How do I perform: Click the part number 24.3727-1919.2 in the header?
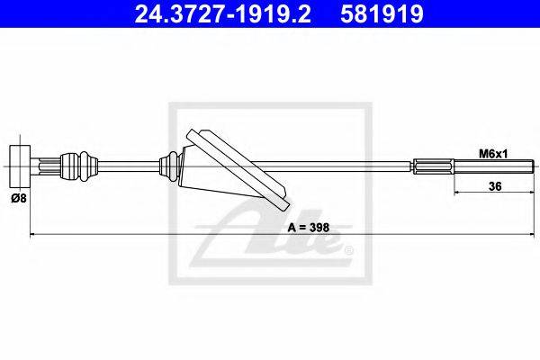tap(222, 13)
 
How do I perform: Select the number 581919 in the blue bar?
tap(382, 13)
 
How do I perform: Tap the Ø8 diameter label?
tap(19, 198)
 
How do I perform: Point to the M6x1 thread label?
tap(493, 154)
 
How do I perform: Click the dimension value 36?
tap(495, 186)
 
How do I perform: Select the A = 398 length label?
tap(309, 228)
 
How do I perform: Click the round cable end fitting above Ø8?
tap(20, 166)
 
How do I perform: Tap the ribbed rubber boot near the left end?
tap(80, 166)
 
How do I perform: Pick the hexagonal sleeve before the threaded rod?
tap(434, 166)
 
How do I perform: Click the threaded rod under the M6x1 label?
tap(494, 166)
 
